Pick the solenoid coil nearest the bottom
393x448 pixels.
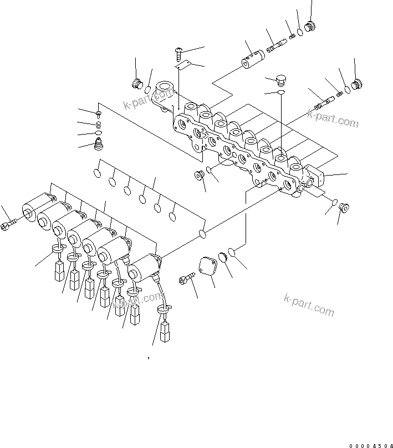pos(142,269)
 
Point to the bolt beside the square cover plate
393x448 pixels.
pos(187,279)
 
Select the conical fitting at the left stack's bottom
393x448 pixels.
pos(99,145)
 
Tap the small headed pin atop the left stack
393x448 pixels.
pos(98,113)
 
